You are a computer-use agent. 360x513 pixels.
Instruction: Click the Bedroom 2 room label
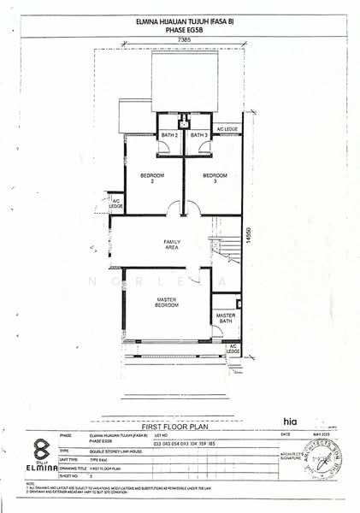point(139,180)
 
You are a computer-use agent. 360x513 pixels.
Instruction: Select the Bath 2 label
point(169,135)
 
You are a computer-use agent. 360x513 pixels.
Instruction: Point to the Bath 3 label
point(199,135)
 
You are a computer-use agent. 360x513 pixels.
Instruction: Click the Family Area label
point(173,245)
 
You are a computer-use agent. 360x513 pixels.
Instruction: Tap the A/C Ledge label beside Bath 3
point(227,128)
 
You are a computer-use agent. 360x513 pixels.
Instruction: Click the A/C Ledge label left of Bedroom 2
point(115,204)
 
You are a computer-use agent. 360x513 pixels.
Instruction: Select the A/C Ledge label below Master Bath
point(233,349)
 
